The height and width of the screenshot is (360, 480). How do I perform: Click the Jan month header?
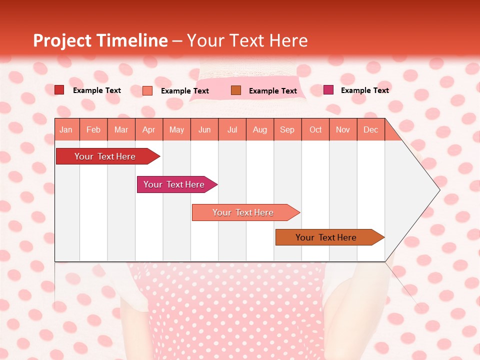pos(66,129)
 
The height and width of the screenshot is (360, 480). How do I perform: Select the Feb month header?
pos(93,129)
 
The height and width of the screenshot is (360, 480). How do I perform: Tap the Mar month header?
pos(121,129)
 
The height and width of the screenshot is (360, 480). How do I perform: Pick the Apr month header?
pos(149,129)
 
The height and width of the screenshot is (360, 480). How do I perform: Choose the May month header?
pos(176,129)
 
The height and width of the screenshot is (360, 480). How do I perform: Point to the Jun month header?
pos(204,129)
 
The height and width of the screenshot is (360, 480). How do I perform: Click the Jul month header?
pos(232,129)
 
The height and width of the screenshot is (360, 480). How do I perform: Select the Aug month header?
pos(260,129)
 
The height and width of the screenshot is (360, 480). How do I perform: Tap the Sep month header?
pos(287,129)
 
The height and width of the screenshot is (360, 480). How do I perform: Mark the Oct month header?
pos(315,129)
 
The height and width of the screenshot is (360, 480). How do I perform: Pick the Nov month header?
pos(343,129)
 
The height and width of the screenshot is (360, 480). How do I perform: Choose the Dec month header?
pos(371,129)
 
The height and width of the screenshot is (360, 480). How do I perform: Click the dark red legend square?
pos(59,90)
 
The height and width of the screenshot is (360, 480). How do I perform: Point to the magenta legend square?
pos(328,90)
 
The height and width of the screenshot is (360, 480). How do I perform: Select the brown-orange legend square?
pos(236,90)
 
